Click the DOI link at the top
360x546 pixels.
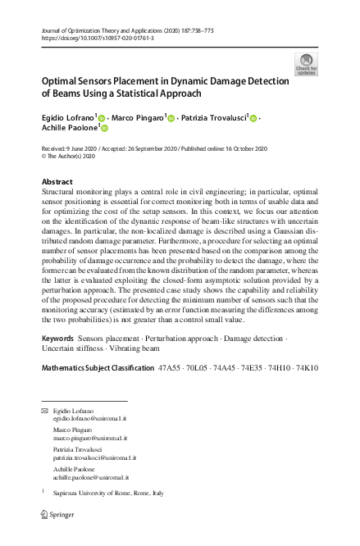(96, 38)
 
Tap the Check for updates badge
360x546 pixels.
(306, 65)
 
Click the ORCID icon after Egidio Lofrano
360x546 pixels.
(103, 118)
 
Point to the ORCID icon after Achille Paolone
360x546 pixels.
(104, 129)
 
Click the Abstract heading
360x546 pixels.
(57, 181)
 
